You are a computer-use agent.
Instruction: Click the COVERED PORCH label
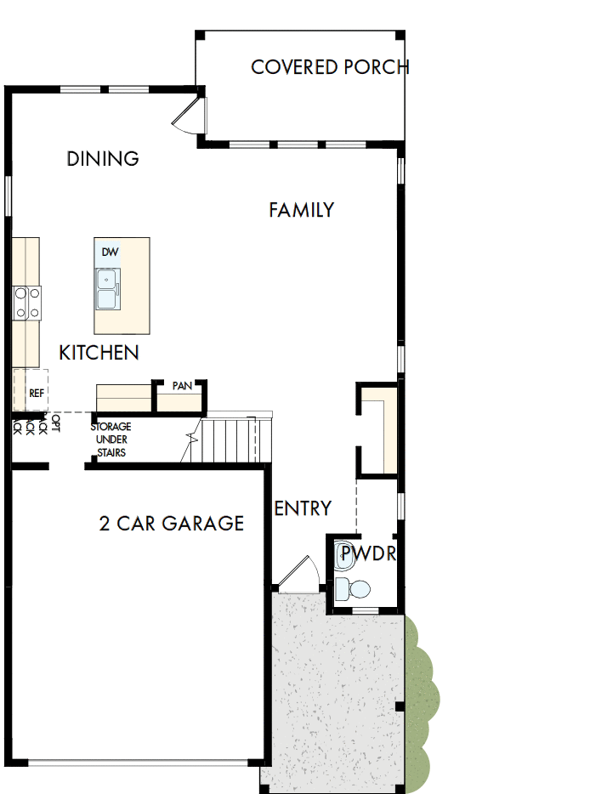pos(330,67)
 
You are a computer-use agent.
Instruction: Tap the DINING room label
pos(103,159)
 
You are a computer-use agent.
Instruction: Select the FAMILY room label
pos(302,210)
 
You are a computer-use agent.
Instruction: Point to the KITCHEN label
pos(99,353)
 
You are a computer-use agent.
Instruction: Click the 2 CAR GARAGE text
pos(172,524)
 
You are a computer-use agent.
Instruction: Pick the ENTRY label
pos(303,508)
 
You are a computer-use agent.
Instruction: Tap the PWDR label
pos(368,556)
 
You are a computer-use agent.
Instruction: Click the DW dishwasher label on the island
pos(110,252)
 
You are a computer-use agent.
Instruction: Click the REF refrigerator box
pos(36,393)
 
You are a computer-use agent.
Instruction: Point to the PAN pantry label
pos(182,386)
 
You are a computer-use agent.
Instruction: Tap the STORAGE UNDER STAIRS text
pos(111,440)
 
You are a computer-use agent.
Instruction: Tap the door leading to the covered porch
pos(190,115)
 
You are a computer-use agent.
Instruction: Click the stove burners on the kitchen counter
pos(26,303)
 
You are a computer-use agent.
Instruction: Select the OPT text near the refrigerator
pos(56,423)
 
